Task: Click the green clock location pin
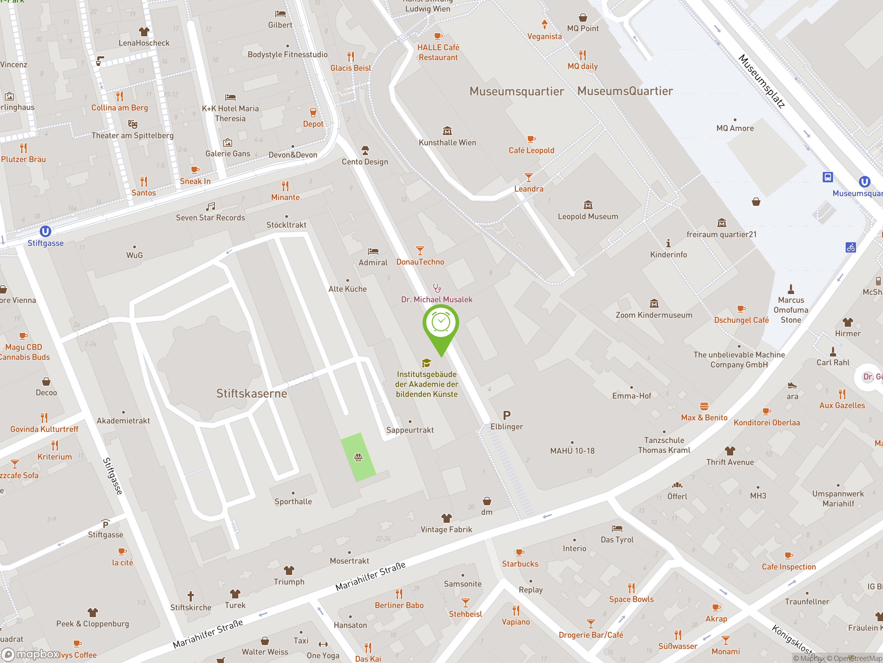tap(441, 324)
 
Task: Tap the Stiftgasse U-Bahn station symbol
tap(46, 231)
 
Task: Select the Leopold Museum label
tap(588, 217)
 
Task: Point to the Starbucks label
tap(520, 564)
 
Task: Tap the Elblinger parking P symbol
tap(507, 415)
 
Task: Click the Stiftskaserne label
tap(251, 394)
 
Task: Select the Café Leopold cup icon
tap(531, 140)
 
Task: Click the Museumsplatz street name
tap(761, 81)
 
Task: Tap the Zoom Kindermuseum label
tap(654, 315)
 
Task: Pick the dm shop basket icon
tap(487, 501)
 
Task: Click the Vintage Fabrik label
tap(446, 529)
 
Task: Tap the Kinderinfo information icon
tap(668, 243)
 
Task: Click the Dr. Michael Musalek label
tap(436, 299)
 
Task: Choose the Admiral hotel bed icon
tap(373, 251)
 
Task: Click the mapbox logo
tap(31, 654)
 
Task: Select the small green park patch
tap(358, 457)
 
